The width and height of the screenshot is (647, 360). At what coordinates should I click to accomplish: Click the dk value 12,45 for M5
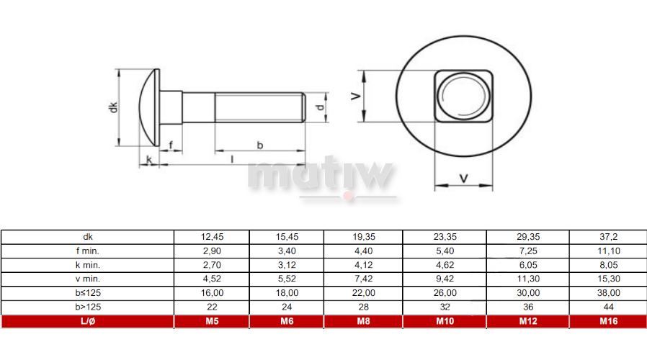212,237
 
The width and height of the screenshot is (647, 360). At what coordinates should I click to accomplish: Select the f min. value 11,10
609,251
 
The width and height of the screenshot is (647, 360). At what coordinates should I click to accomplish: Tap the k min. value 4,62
445,265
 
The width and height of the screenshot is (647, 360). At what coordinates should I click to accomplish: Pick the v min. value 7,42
364,279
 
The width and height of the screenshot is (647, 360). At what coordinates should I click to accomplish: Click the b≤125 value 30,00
528,293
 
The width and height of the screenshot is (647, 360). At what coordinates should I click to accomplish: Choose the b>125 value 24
287,307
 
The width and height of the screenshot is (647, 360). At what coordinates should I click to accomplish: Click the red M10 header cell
445,321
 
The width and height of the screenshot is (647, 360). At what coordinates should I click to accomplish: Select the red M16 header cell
608,321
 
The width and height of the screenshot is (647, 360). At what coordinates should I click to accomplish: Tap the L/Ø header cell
87,321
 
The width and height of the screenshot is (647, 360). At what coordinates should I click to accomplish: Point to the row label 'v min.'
87,279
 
